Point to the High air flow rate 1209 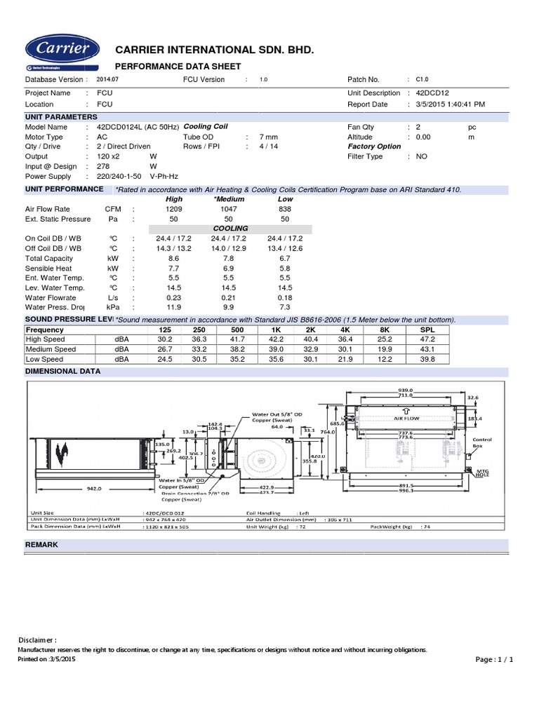(x=173, y=209)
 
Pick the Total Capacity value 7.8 (x=229, y=258)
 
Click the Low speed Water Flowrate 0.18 (x=284, y=297)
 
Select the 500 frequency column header (x=237, y=330)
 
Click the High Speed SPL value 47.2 (x=427, y=339)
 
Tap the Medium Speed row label (x=51, y=349)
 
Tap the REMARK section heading (x=41, y=545)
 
